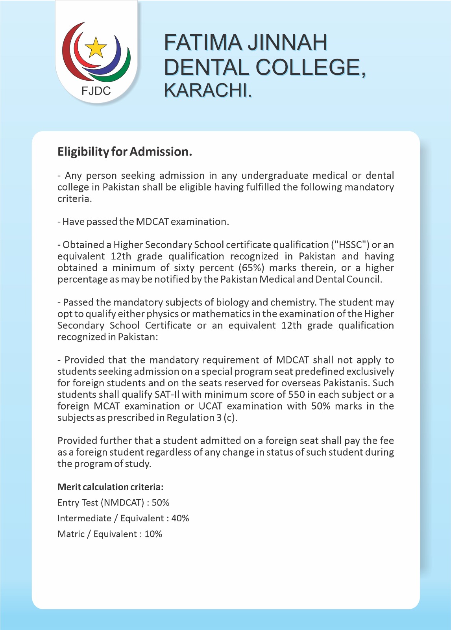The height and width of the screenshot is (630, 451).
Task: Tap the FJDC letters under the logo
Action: [x=96, y=91]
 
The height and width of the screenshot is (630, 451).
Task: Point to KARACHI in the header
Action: [x=207, y=90]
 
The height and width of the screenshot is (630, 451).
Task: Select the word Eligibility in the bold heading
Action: [x=83, y=152]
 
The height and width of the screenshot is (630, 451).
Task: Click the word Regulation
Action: [x=190, y=417]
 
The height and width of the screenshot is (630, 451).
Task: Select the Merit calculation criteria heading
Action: [x=110, y=487]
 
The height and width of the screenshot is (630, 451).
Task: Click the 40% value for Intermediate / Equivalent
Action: [x=180, y=518]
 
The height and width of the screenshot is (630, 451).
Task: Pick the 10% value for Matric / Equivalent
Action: [x=153, y=534]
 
